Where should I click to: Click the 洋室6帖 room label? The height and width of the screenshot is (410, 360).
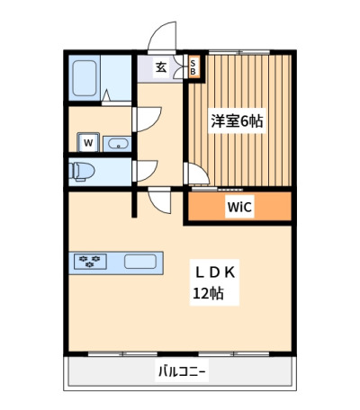[x=237, y=121]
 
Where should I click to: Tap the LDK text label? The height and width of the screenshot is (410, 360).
[x=215, y=272]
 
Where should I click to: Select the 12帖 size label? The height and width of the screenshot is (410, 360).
[x=208, y=293]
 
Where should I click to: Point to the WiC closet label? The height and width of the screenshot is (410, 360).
[x=239, y=207]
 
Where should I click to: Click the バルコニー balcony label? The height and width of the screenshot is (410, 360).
[x=182, y=372]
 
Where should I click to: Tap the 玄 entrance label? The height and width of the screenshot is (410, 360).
[x=161, y=67]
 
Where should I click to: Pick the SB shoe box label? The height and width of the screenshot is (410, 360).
[x=193, y=67]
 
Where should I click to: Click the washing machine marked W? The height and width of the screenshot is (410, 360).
[x=88, y=142]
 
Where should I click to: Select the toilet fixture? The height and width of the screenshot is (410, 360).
[x=81, y=172]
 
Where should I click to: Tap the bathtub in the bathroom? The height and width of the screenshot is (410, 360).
[x=85, y=78]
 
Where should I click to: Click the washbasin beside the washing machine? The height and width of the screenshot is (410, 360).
[x=117, y=144]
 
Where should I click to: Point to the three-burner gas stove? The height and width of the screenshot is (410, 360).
[x=90, y=262]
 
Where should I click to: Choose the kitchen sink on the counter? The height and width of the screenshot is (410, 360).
[x=140, y=262]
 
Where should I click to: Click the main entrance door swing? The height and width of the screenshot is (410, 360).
[x=162, y=38]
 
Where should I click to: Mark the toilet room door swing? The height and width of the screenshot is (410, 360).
[x=145, y=171]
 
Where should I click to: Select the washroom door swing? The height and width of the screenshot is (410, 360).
[x=147, y=120]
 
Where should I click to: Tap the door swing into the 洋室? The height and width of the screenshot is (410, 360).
[x=196, y=174]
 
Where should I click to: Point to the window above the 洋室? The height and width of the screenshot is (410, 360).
[x=239, y=52]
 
